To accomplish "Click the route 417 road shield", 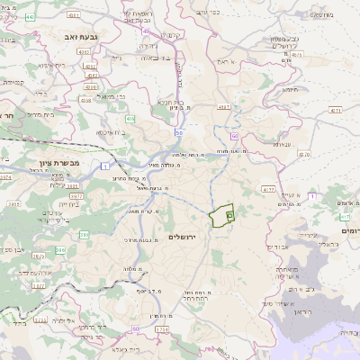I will [x=346, y=217].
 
